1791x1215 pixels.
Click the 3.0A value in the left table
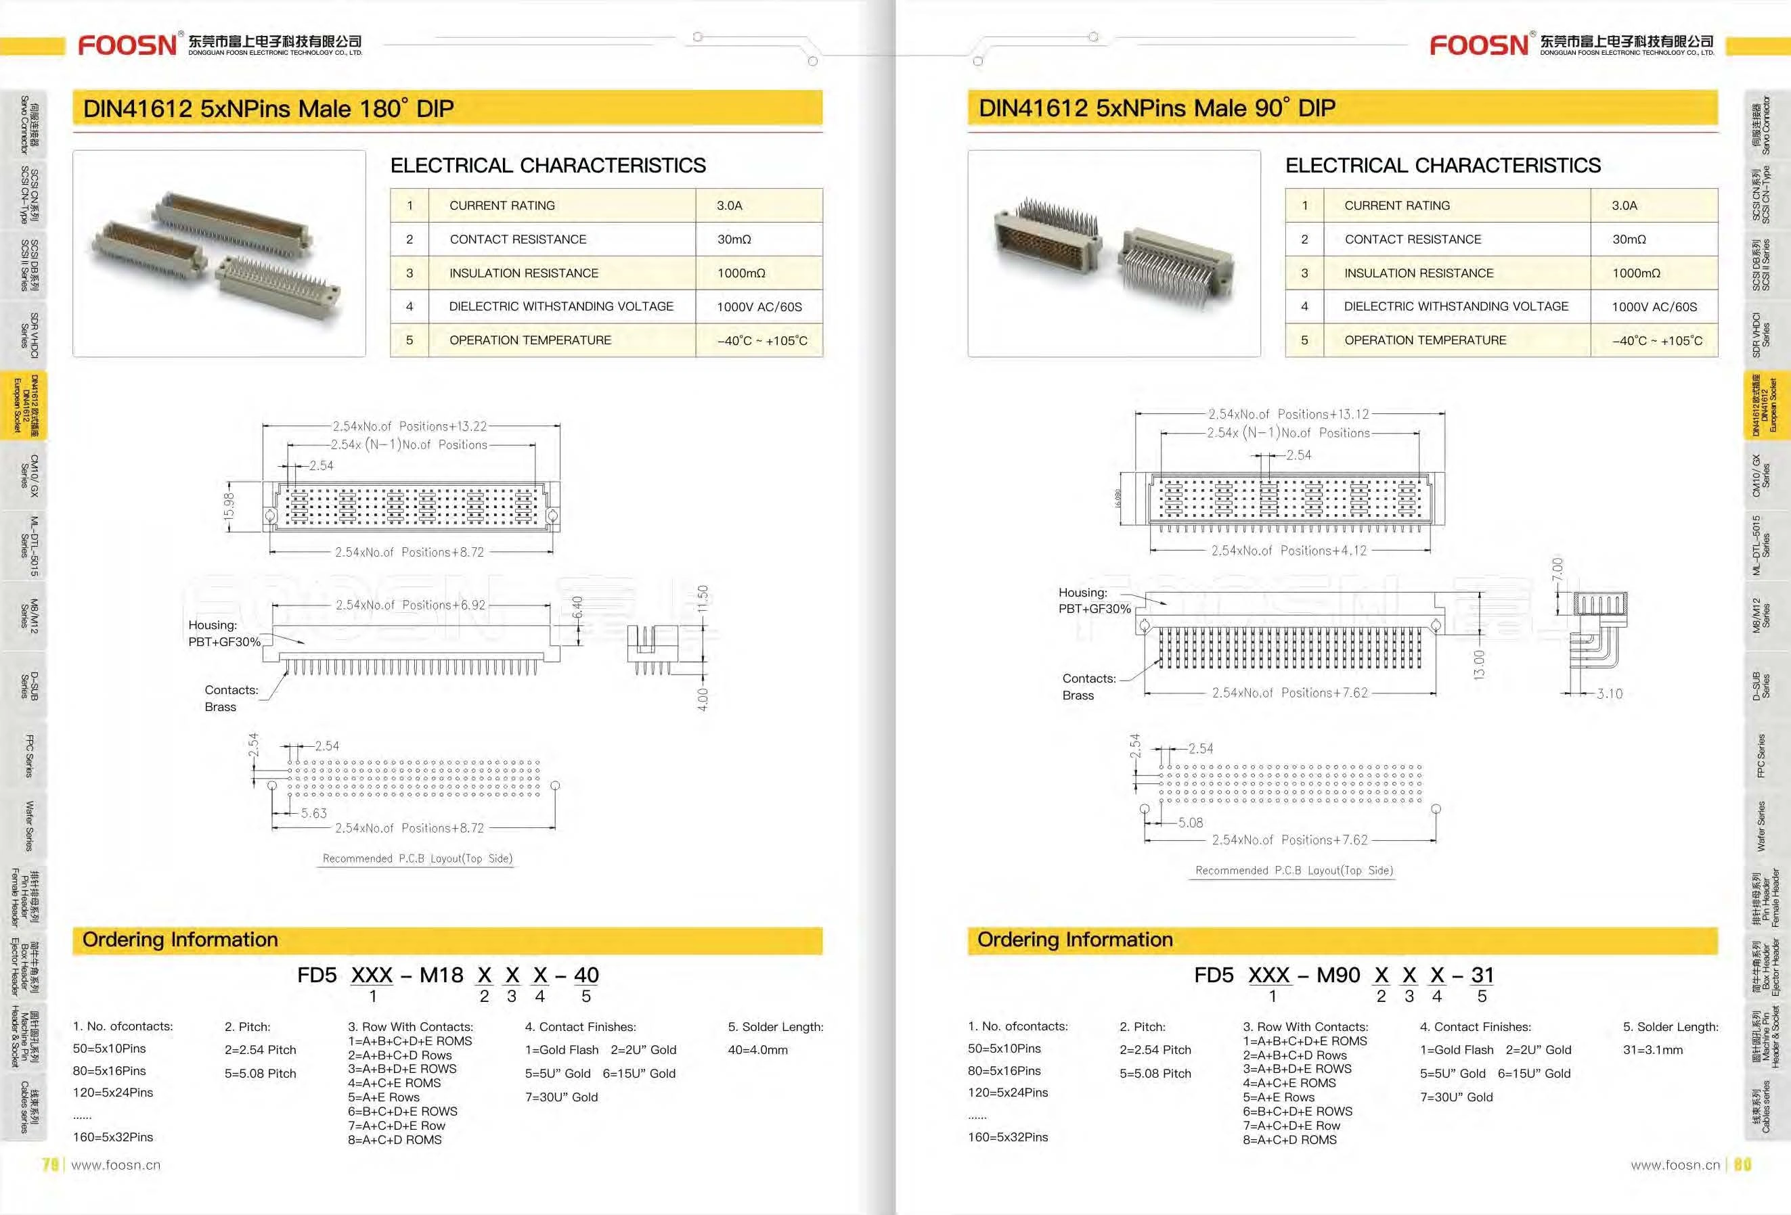click(x=729, y=206)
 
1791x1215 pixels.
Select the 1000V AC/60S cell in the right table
click(x=1654, y=306)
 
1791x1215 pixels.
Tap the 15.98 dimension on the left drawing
click(x=229, y=506)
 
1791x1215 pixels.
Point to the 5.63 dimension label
click(x=313, y=814)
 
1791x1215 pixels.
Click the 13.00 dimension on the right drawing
click(x=1479, y=664)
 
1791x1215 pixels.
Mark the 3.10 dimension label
click(x=1609, y=693)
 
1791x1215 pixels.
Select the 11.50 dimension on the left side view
click(x=702, y=599)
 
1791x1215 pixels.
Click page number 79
click(x=51, y=1164)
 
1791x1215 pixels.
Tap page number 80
click(x=1742, y=1164)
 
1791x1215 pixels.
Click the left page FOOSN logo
click(x=128, y=45)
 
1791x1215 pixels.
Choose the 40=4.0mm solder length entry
click(x=757, y=1049)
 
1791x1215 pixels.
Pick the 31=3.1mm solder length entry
click(x=1652, y=1049)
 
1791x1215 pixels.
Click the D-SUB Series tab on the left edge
click(x=29, y=686)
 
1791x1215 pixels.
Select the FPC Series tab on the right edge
click(x=1760, y=756)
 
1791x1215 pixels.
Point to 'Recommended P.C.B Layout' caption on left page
click(x=417, y=858)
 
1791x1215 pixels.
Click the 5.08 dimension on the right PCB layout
click(x=1190, y=822)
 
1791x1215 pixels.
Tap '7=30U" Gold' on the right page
click(x=1456, y=1097)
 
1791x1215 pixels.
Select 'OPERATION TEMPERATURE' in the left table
click(x=530, y=340)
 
